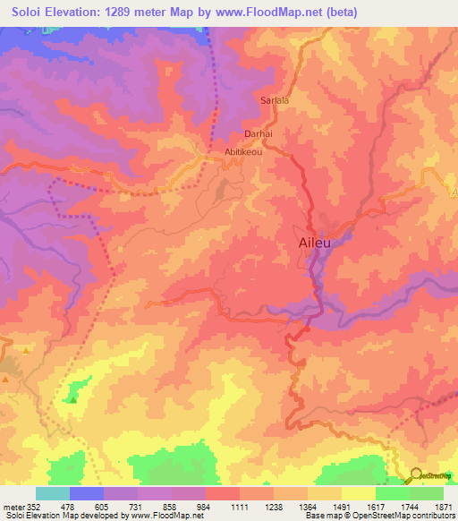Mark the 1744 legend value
[x=409, y=506]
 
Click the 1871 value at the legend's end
[x=443, y=506]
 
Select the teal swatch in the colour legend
[x=53, y=493]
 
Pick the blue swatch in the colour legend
[x=87, y=493]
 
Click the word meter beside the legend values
[x=13, y=506]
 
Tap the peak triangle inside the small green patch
[x=73, y=399]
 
